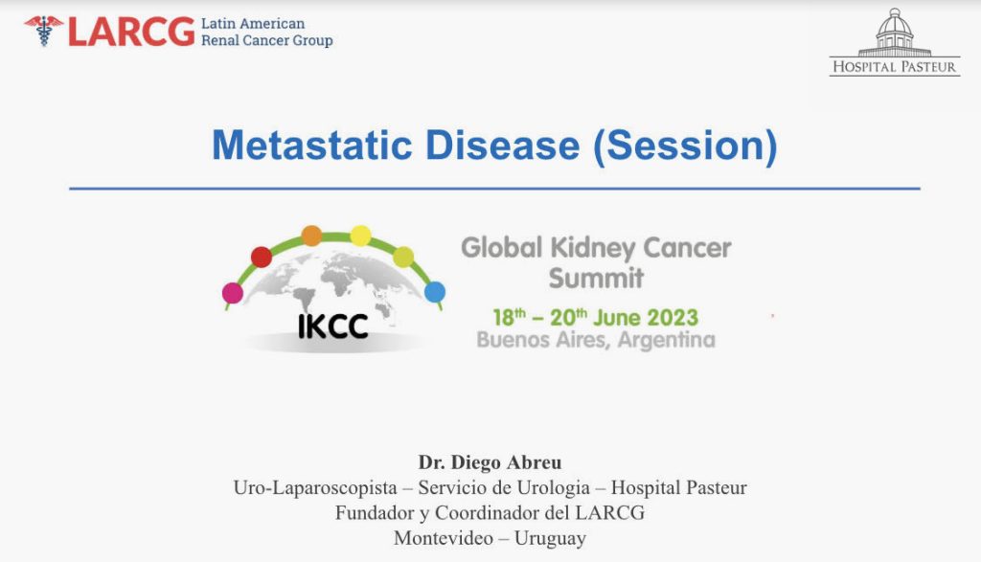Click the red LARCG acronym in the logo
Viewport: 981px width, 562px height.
[131, 32]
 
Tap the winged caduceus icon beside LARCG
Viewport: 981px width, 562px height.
[44, 31]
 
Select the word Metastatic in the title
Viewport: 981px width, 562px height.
[312, 146]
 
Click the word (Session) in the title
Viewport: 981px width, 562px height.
[685, 146]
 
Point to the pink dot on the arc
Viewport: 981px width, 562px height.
[233, 293]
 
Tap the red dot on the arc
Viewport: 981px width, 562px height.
[262, 257]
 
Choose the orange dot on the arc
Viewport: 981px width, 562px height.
[311, 236]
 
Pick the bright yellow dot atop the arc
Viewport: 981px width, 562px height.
[360, 236]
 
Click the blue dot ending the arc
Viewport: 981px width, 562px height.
[435, 292]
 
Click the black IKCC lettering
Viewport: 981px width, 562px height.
[332, 326]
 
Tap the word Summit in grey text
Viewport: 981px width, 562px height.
[596, 279]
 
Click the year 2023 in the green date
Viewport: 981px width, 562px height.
[672, 318]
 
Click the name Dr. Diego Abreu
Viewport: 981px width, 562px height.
[490, 462]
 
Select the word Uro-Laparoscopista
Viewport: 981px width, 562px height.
[315, 488]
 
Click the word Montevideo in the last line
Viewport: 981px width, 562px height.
[444, 538]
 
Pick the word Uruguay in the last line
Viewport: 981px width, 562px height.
[550, 539]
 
